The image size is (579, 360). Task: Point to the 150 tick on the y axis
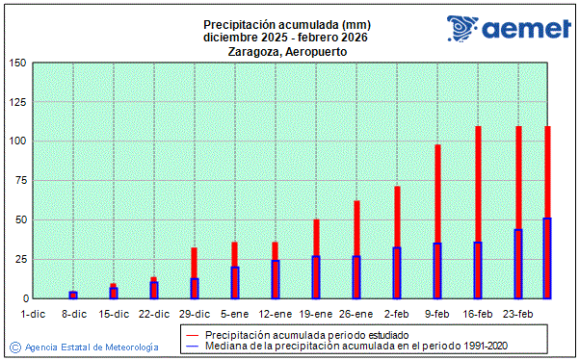(17, 64)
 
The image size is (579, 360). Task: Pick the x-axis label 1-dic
(33, 314)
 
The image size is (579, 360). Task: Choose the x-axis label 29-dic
(195, 314)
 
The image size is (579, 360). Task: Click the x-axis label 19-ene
(316, 314)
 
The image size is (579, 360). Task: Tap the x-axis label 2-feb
(397, 314)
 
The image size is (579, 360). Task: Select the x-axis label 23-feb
(518, 314)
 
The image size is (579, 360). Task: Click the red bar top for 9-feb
(437, 147)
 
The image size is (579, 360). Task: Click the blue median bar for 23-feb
(518, 264)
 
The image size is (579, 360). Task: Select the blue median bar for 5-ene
(235, 283)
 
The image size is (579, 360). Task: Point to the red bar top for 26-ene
(356, 203)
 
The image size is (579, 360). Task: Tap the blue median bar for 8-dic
(73, 296)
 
